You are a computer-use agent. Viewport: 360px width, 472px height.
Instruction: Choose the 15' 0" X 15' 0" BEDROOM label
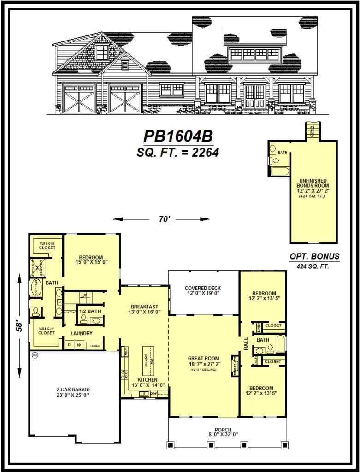click(91, 260)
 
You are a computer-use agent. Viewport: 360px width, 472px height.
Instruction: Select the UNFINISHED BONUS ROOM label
click(313, 183)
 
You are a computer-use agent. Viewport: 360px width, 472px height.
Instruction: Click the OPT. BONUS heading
click(315, 256)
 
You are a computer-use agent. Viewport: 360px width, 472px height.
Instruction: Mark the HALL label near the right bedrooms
click(246, 343)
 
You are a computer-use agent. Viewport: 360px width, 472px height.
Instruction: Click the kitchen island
click(148, 358)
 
